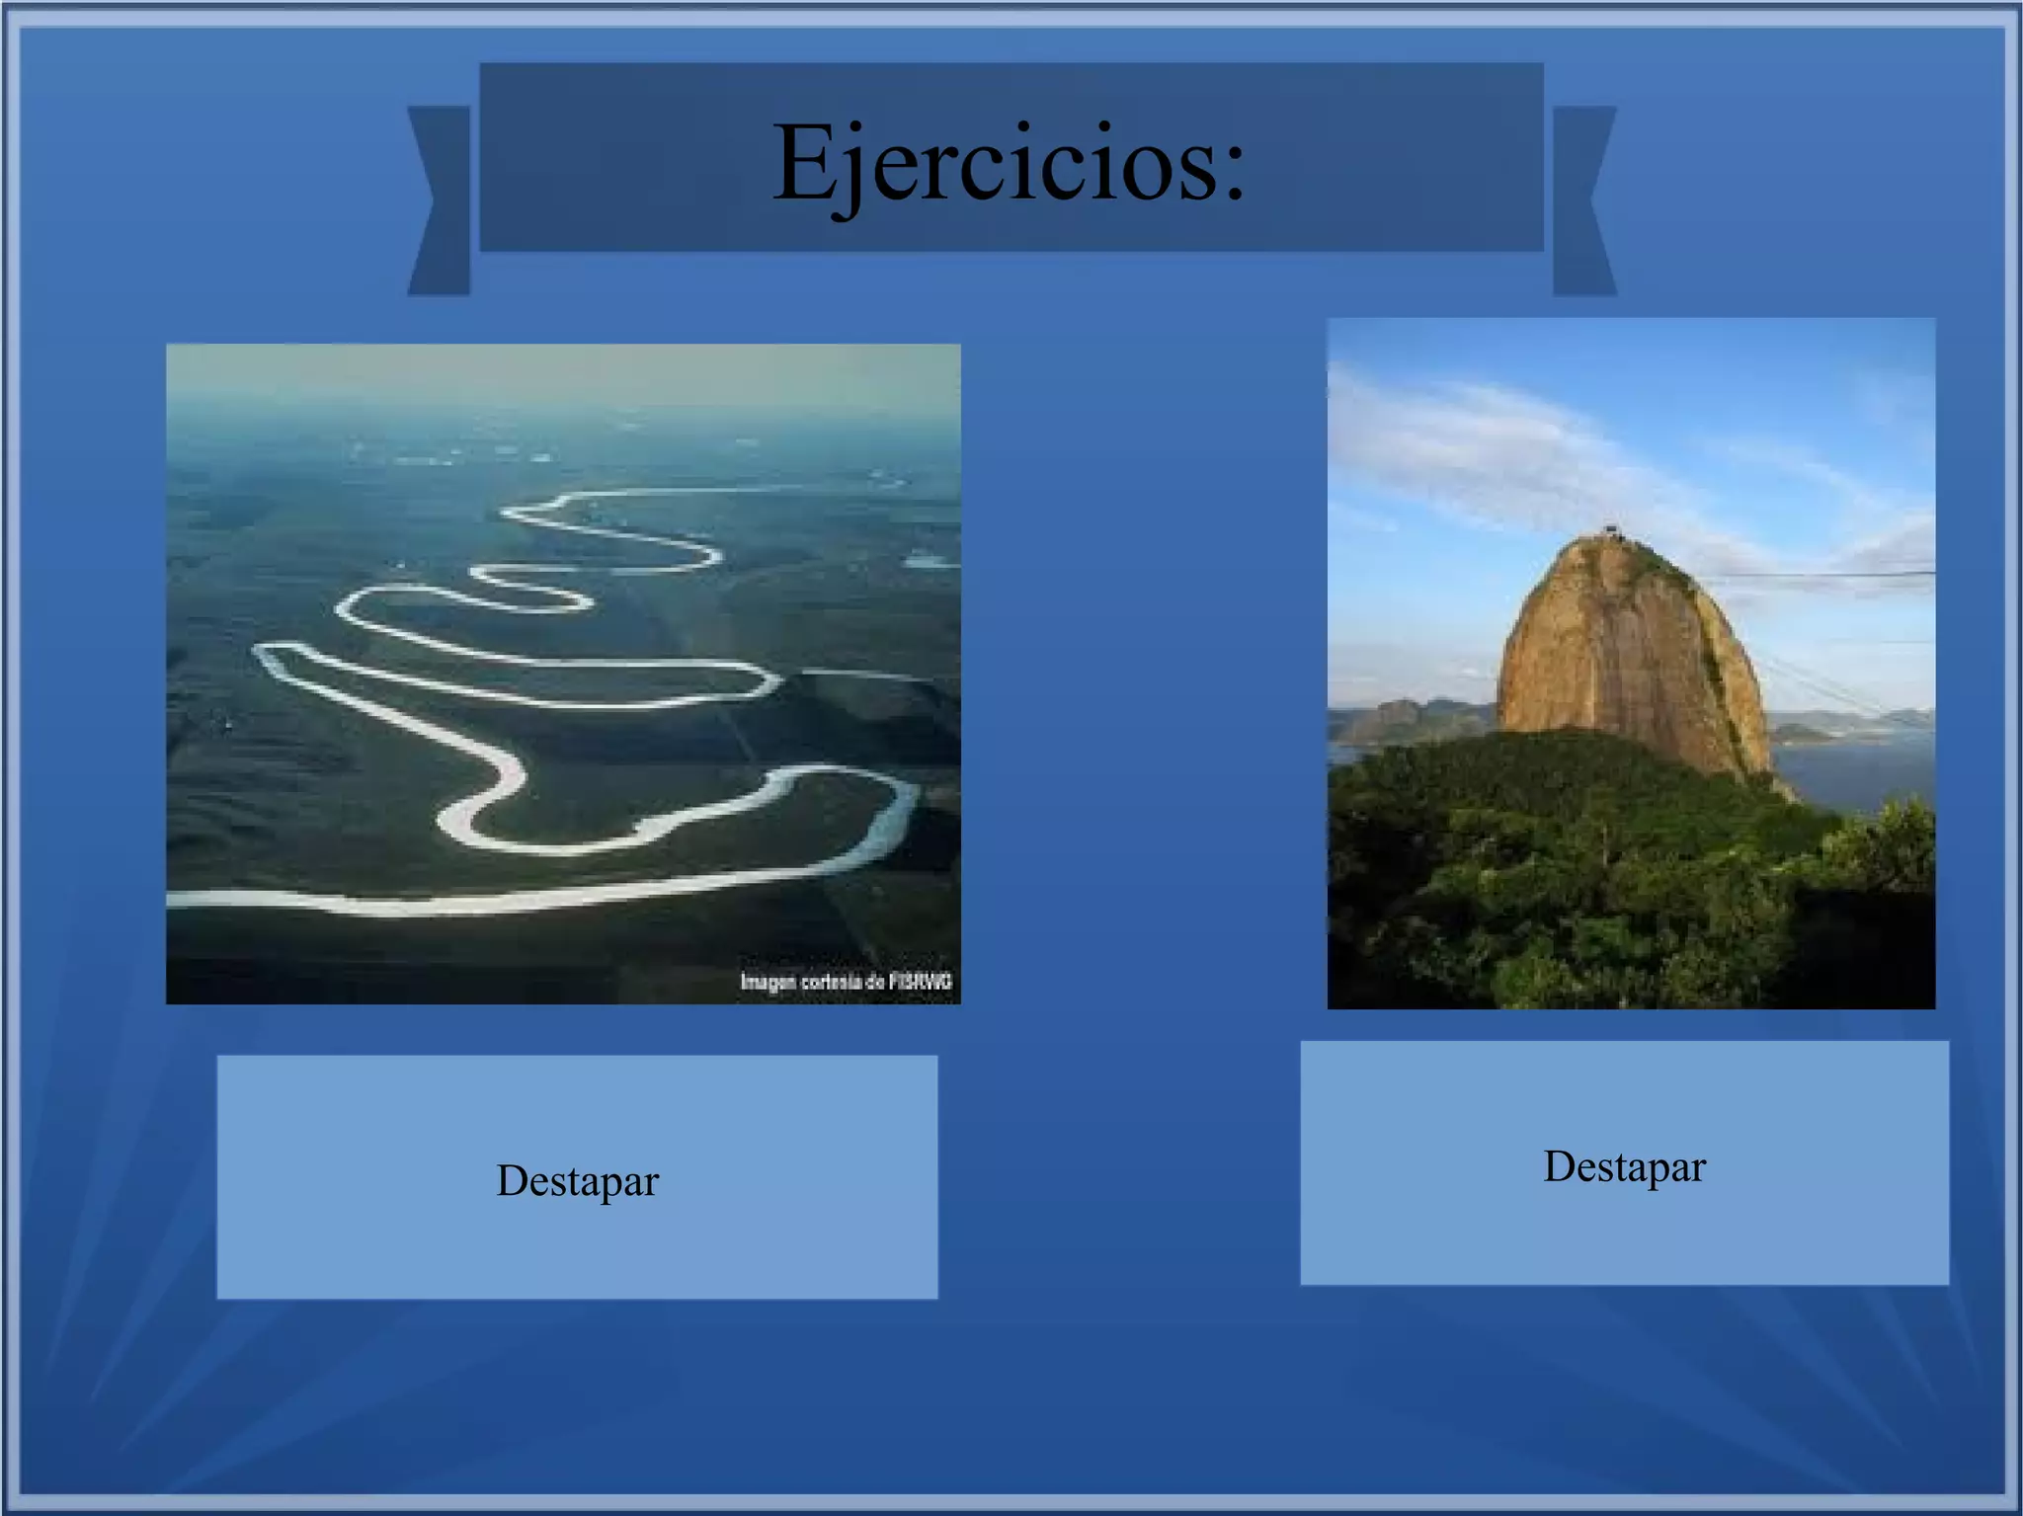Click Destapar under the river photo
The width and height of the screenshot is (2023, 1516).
click(x=577, y=1180)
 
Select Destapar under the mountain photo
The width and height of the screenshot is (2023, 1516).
click(x=1624, y=1166)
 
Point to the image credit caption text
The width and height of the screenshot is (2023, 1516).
click(x=846, y=982)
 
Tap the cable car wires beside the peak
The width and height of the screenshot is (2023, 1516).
click(x=1827, y=574)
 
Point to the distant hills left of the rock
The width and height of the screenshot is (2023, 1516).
click(x=1403, y=716)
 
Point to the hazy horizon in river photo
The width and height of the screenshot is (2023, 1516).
click(x=563, y=395)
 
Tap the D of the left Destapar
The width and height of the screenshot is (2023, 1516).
click(x=513, y=1180)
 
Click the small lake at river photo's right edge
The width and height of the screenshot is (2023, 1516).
click(x=931, y=562)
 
